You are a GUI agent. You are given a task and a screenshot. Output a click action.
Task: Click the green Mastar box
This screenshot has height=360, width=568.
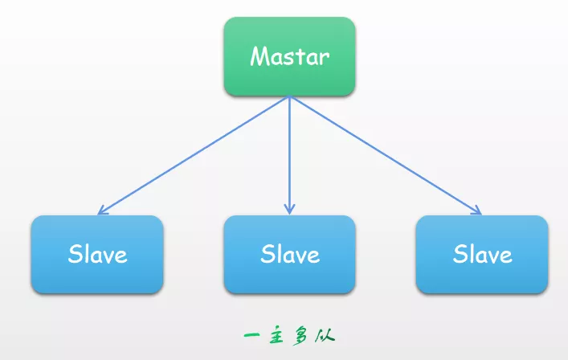289,56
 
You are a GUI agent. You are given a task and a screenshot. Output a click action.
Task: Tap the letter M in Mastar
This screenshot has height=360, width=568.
259,56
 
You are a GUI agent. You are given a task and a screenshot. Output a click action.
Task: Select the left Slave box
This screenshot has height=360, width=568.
97,254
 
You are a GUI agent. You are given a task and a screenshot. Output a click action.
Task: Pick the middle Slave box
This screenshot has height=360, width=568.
289,254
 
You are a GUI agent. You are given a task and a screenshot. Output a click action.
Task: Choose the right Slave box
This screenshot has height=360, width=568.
482,254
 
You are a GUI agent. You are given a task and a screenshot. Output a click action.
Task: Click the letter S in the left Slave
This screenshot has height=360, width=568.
75,254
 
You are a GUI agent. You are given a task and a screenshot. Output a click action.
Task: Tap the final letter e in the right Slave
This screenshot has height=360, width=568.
505,256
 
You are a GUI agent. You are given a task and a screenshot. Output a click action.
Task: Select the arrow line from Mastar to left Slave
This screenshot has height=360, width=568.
193,155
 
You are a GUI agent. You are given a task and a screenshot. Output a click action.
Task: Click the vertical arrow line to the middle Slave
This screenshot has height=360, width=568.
289,153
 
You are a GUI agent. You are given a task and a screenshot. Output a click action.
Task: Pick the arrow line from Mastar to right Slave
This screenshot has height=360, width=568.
386,155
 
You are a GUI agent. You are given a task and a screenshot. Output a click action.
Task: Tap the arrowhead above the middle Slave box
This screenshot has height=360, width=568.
289,209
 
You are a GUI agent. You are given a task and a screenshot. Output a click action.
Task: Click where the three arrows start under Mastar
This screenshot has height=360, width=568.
289,97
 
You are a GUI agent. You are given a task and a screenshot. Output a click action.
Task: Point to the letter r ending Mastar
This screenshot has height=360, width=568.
325,58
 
